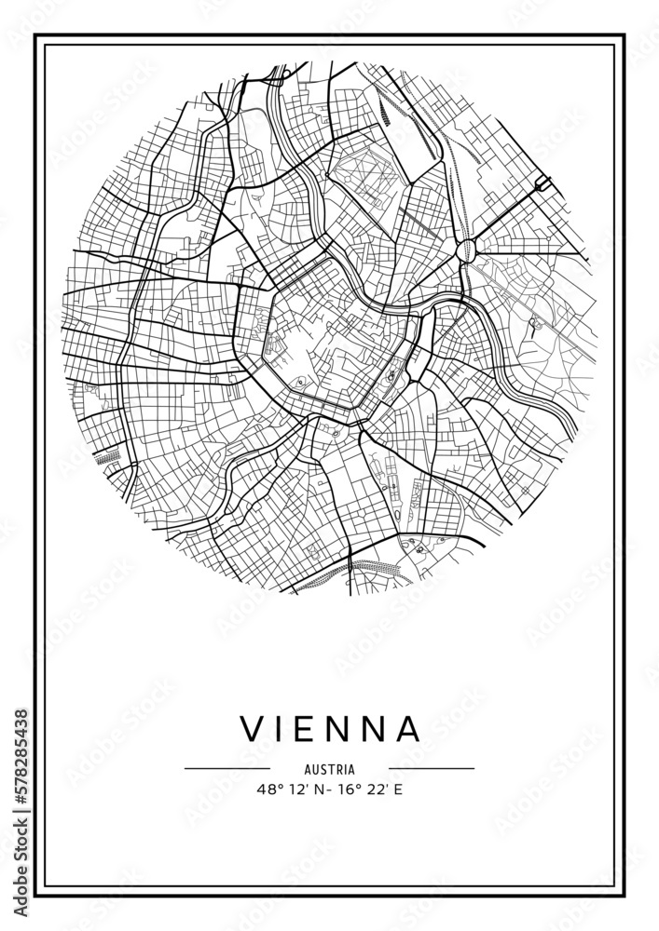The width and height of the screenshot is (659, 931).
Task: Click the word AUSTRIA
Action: coord(329,769)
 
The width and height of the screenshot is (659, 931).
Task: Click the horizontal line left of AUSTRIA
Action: coord(227,769)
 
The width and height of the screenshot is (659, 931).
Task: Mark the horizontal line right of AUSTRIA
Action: coord(431,769)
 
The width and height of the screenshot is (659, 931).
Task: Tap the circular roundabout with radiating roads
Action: coord(467,247)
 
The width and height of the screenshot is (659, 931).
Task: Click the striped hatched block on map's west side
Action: coord(109,457)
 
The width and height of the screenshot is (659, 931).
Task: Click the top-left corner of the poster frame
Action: coord(36,36)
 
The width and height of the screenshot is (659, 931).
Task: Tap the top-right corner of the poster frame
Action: coord(623,36)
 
